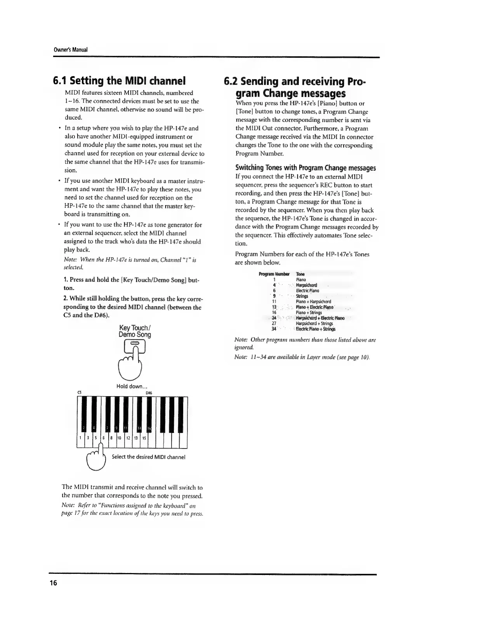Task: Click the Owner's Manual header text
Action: click(71, 50)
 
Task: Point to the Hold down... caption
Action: click(132, 386)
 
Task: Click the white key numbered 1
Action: click(80, 438)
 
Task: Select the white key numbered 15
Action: click(144, 438)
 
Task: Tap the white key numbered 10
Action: click(120, 438)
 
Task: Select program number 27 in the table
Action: click(274, 323)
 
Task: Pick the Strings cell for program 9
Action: click(302, 296)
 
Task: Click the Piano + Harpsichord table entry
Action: click(313, 301)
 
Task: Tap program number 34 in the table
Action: click(274, 329)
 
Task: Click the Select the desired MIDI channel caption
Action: click(148, 457)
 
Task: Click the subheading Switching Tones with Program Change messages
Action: click(305, 168)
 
